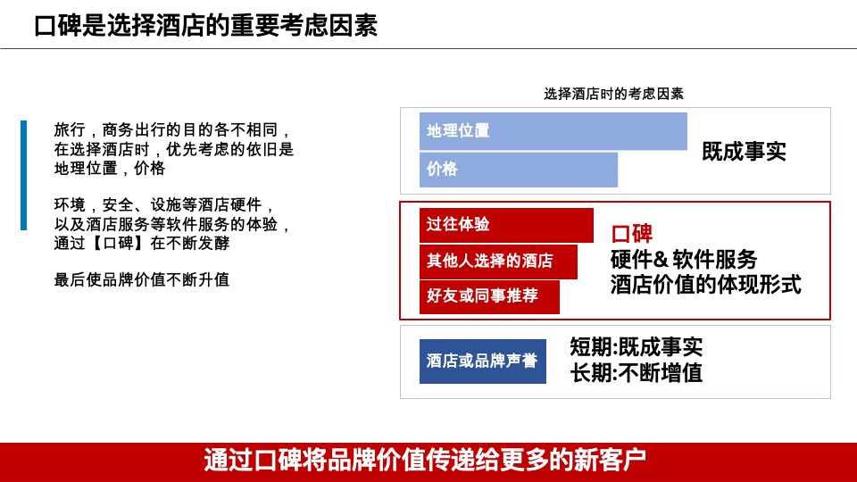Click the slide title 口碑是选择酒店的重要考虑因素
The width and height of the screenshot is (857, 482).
(x=205, y=25)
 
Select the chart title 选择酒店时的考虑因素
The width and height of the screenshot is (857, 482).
(x=613, y=93)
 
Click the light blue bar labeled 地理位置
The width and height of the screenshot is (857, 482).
(x=553, y=131)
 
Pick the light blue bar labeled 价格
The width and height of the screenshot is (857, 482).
(x=518, y=170)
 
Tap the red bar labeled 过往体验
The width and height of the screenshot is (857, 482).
(x=506, y=225)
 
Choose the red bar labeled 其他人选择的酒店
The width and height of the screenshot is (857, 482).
(x=498, y=262)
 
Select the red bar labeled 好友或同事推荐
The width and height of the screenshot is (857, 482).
(x=489, y=296)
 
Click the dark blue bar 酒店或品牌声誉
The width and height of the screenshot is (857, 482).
(x=482, y=361)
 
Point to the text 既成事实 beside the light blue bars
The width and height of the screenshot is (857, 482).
(x=743, y=151)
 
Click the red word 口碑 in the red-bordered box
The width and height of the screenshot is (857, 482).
(x=632, y=235)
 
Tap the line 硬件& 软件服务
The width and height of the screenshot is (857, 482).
(x=684, y=260)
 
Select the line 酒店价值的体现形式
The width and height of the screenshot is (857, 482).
(x=705, y=285)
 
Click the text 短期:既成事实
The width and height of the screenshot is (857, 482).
(x=636, y=347)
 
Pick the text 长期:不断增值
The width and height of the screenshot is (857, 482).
(x=636, y=373)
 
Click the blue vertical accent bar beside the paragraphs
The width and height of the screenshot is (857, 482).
(x=23, y=175)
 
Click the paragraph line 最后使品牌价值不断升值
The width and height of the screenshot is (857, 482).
(x=142, y=280)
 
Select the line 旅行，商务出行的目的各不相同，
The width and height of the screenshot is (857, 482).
(x=173, y=130)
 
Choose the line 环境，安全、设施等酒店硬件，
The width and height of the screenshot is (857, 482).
(x=165, y=205)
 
